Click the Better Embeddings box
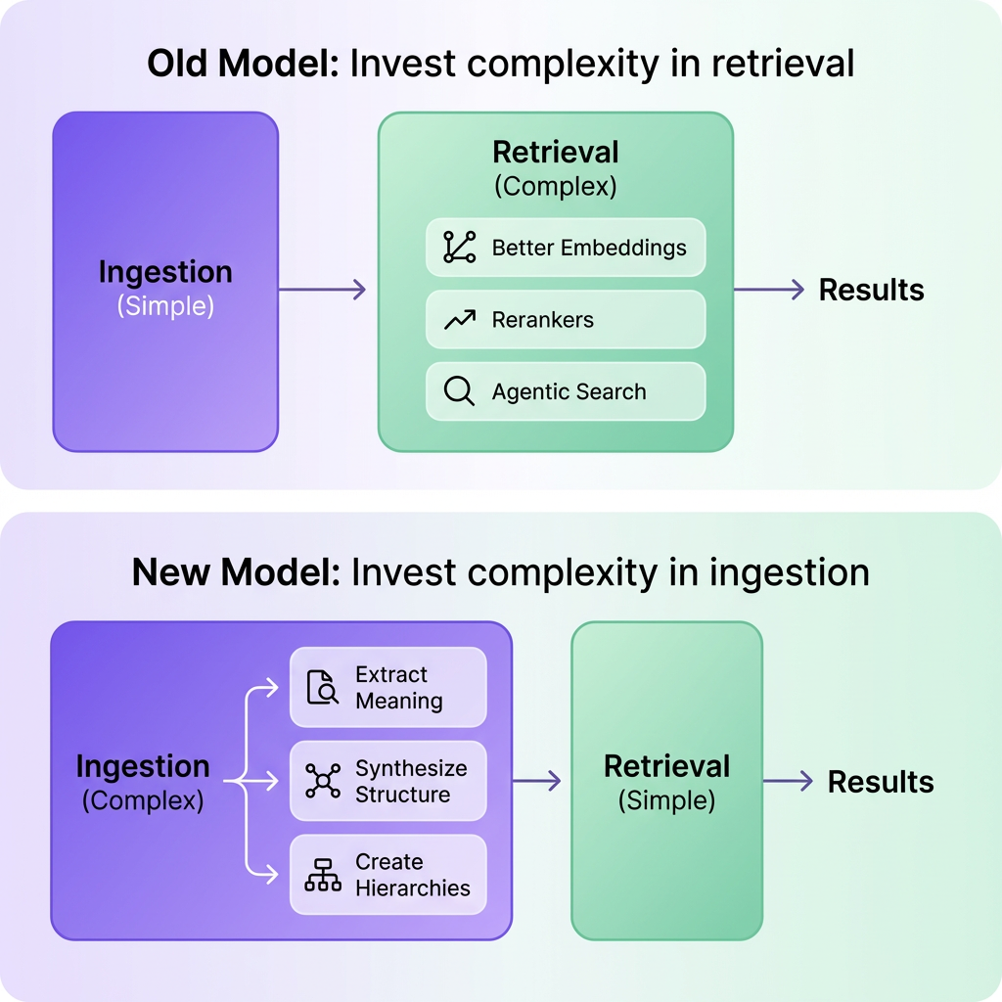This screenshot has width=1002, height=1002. point(566,248)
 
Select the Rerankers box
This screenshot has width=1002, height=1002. point(566,320)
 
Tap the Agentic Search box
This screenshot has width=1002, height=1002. point(566,391)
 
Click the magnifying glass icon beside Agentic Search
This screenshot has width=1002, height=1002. point(459,391)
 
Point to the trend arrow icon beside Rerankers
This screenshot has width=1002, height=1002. point(459,320)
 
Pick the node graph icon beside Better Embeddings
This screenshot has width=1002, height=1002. point(459,248)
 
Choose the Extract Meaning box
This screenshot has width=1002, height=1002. point(388,688)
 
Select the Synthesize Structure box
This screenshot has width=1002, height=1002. point(388,781)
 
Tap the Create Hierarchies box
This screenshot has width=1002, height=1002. point(388,875)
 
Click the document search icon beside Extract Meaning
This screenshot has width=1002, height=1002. point(322,688)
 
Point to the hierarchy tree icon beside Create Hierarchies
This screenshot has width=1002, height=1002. point(322,875)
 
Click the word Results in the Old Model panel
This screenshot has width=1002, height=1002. point(871,290)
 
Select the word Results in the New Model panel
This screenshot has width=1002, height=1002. point(881,782)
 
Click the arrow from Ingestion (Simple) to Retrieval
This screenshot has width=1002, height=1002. point(322,290)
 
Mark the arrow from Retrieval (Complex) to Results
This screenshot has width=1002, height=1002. point(768,290)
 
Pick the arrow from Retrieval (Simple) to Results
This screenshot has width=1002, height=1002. point(788,781)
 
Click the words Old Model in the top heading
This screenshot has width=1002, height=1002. point(242,64)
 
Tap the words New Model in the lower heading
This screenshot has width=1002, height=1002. point(235,572)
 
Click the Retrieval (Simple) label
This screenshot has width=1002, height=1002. point(666,783)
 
